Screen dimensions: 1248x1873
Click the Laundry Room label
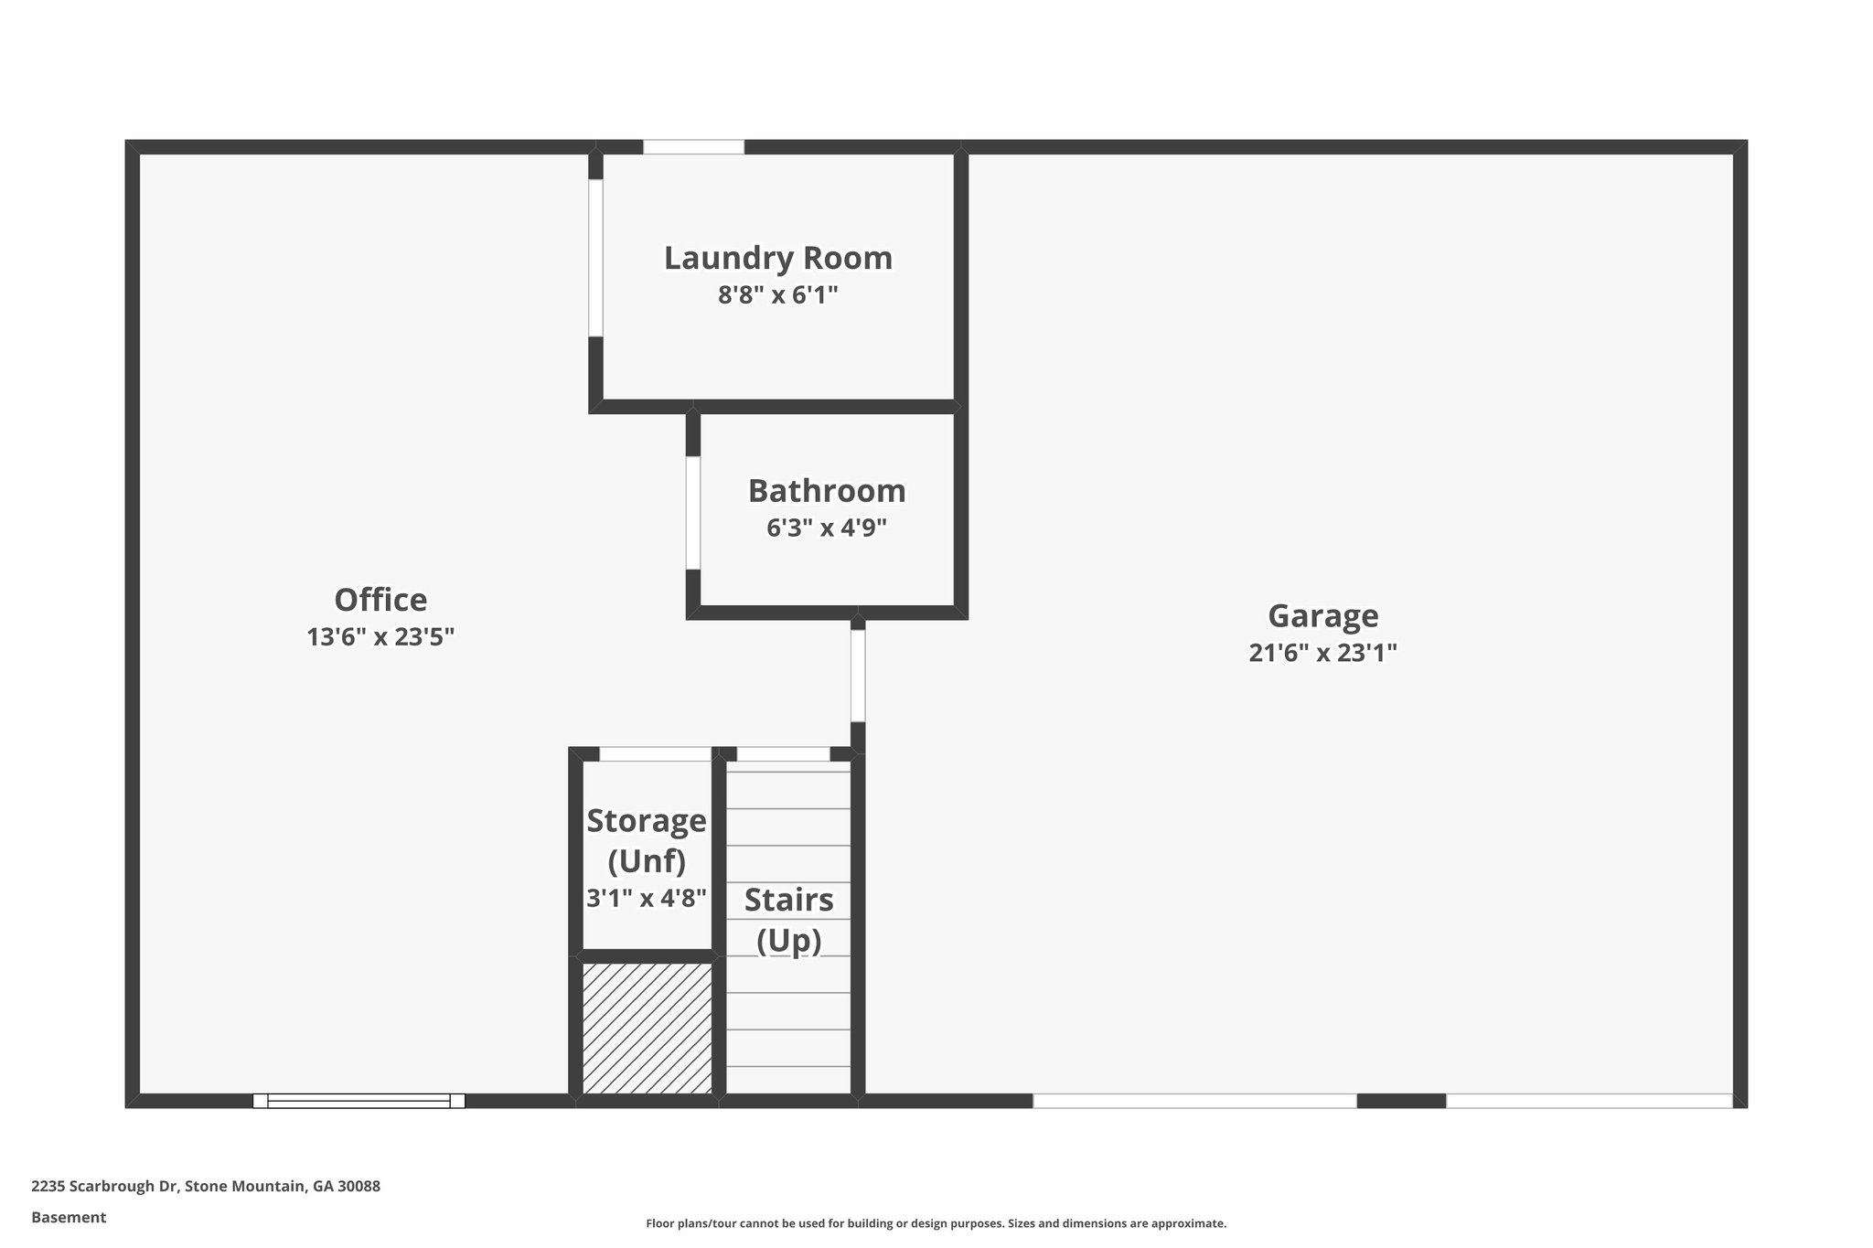[x=777, y=258]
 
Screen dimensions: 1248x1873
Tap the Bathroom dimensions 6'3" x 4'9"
[x=826, y=528]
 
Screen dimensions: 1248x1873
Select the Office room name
[x=380, y=600]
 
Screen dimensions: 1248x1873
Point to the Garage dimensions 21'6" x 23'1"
[x=1322, y=653]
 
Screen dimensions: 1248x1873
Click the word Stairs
[x=788, y=900]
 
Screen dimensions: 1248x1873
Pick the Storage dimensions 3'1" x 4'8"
[x=646, y=898]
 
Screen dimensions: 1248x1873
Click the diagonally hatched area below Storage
[x=648, y=1028]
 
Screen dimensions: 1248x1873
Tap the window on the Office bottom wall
[x=359, y=1101]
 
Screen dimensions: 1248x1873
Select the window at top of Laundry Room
[x=693, y=146]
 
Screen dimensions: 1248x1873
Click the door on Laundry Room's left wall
[x=595, y=258]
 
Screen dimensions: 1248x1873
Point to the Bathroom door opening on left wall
[x=693, y=512]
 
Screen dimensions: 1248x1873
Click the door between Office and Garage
[x=857, y=676]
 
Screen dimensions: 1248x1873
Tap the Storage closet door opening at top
[x=655, y=754]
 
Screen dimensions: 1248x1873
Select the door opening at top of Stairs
[x=783, y=754]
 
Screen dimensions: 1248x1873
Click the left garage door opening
[x=1194, y=1101]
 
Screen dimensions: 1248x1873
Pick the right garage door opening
[x=1589, y=1101]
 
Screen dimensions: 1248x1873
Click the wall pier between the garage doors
[x=1401, y=1101]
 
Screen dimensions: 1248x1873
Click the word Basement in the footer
[x=69, y=1217]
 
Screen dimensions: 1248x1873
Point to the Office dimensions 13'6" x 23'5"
[x=380, y=636]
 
